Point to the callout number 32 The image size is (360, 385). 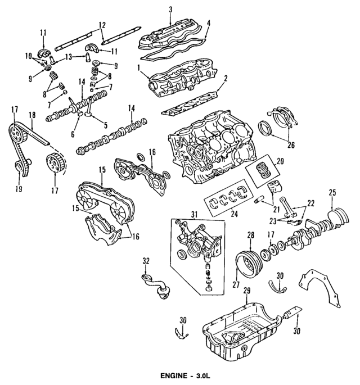pos(146,260)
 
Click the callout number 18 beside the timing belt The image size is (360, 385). pos(32,115)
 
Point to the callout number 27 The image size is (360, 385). pos(236,284)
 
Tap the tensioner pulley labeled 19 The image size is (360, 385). pos(21,167)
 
